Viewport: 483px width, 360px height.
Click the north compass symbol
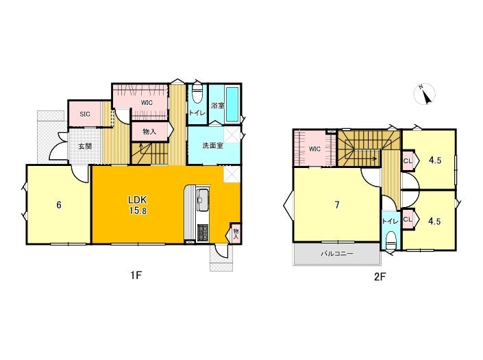pos(425,94)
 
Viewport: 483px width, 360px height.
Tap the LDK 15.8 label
pos(138,205)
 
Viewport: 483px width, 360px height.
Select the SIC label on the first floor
pos(85,114)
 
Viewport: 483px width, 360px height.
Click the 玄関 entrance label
pos(85,147)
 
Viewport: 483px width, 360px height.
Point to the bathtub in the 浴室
pos(232,105)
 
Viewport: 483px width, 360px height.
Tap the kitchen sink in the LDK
pos(203,200)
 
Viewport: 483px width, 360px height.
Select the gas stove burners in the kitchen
pos(202,232)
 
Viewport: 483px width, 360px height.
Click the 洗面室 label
pos(212,146)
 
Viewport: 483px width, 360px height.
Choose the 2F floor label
pos(380,276)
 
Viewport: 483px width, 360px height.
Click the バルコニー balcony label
pos(337,254)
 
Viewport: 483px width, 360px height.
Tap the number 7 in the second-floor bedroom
pos(337,205)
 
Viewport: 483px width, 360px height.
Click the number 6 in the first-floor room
pos(59,204)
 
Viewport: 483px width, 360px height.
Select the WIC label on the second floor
pos(314,149)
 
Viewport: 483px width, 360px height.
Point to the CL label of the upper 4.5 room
pos(408,160)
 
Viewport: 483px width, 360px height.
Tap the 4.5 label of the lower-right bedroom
pos(434,221)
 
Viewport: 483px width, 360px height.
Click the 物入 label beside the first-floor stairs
pos(149,132)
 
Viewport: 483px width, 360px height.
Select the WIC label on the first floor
pos(147,103)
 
